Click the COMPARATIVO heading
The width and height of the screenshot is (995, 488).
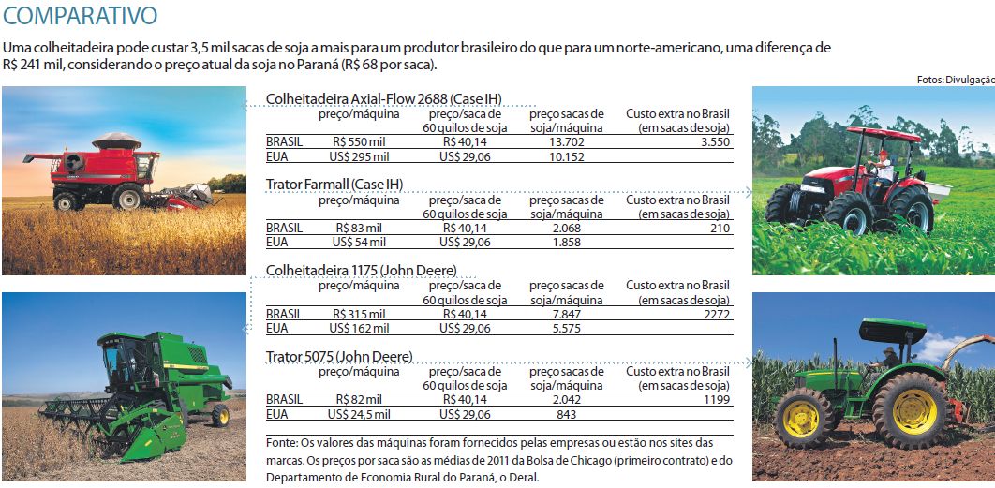point(80,16)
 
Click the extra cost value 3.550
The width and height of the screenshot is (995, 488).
point(714,142)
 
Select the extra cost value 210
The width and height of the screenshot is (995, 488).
point(720,228)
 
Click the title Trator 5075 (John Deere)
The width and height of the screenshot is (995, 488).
point(339,356)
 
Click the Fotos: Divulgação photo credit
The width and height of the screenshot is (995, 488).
point(956,81)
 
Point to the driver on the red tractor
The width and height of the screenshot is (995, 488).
point(881,166)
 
